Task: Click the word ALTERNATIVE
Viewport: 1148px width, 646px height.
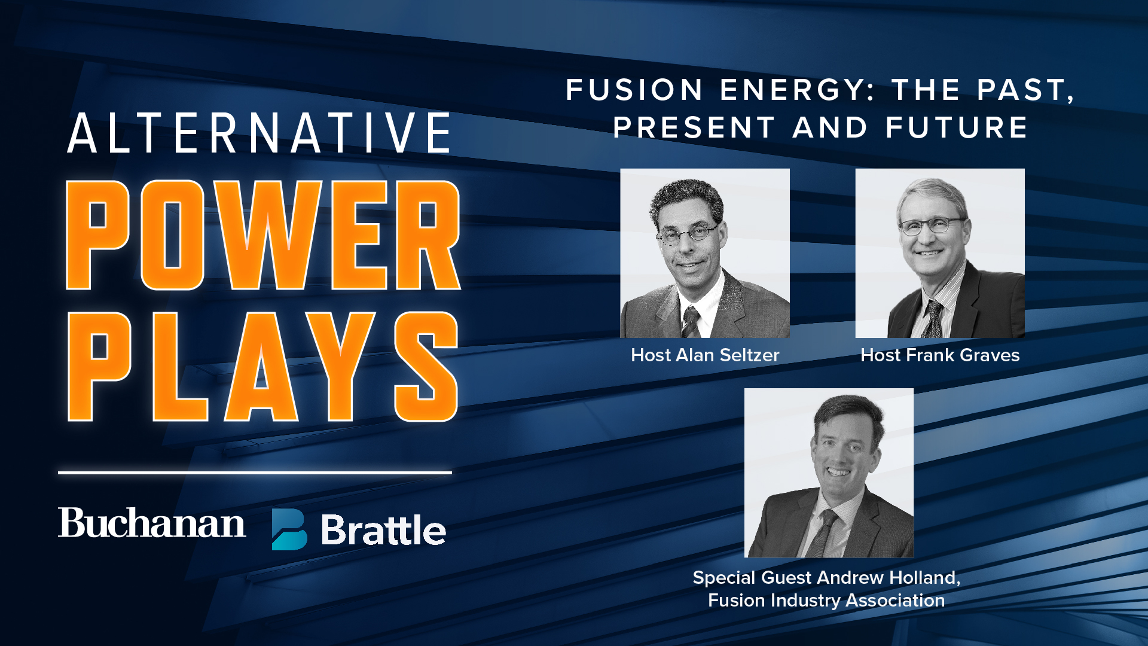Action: tap(259, 133)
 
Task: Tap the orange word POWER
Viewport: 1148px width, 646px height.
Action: tap(263, 235)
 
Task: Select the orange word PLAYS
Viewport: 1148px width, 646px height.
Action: tap(263, 366)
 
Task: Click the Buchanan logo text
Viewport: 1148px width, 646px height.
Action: tap(152, 523)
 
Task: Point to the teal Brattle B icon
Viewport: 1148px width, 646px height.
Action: tap(289, 529)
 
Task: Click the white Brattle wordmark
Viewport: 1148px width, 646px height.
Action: tap(383, 530)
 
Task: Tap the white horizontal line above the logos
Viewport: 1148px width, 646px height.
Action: tap(255, 473)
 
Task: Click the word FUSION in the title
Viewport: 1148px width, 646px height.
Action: tap(634, 90)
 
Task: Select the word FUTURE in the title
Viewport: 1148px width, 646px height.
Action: tap(957, 128)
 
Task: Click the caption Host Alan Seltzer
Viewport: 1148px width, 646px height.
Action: tap(705, 355)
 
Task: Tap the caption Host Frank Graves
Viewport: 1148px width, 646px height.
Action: tap(940, 355)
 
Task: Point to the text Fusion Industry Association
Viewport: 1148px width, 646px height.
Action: tap(826, 600)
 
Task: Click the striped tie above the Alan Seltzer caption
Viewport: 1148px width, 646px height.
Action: tap(691, 322)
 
